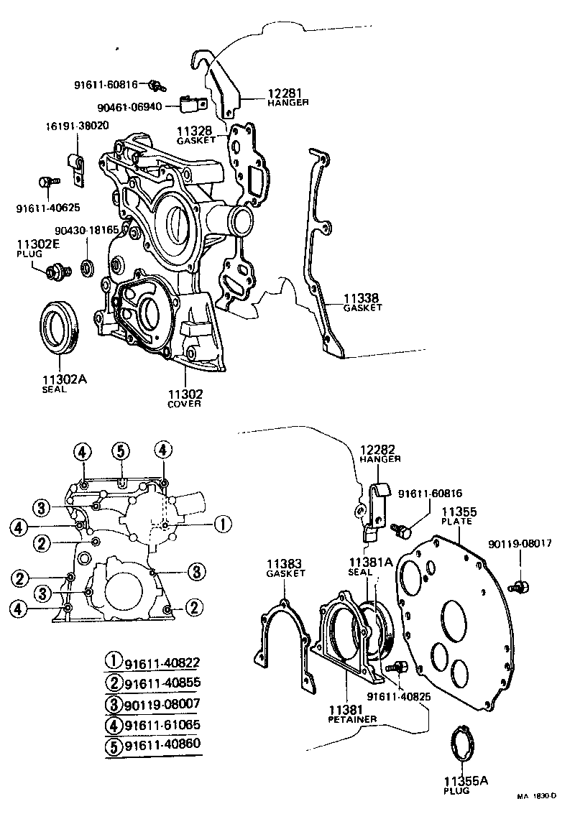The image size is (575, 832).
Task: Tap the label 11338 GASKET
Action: point(361,301)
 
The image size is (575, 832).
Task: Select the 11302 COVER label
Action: point(185,398)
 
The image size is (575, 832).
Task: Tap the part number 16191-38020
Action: point(78,125)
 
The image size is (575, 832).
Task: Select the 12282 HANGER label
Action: point(379,453)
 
